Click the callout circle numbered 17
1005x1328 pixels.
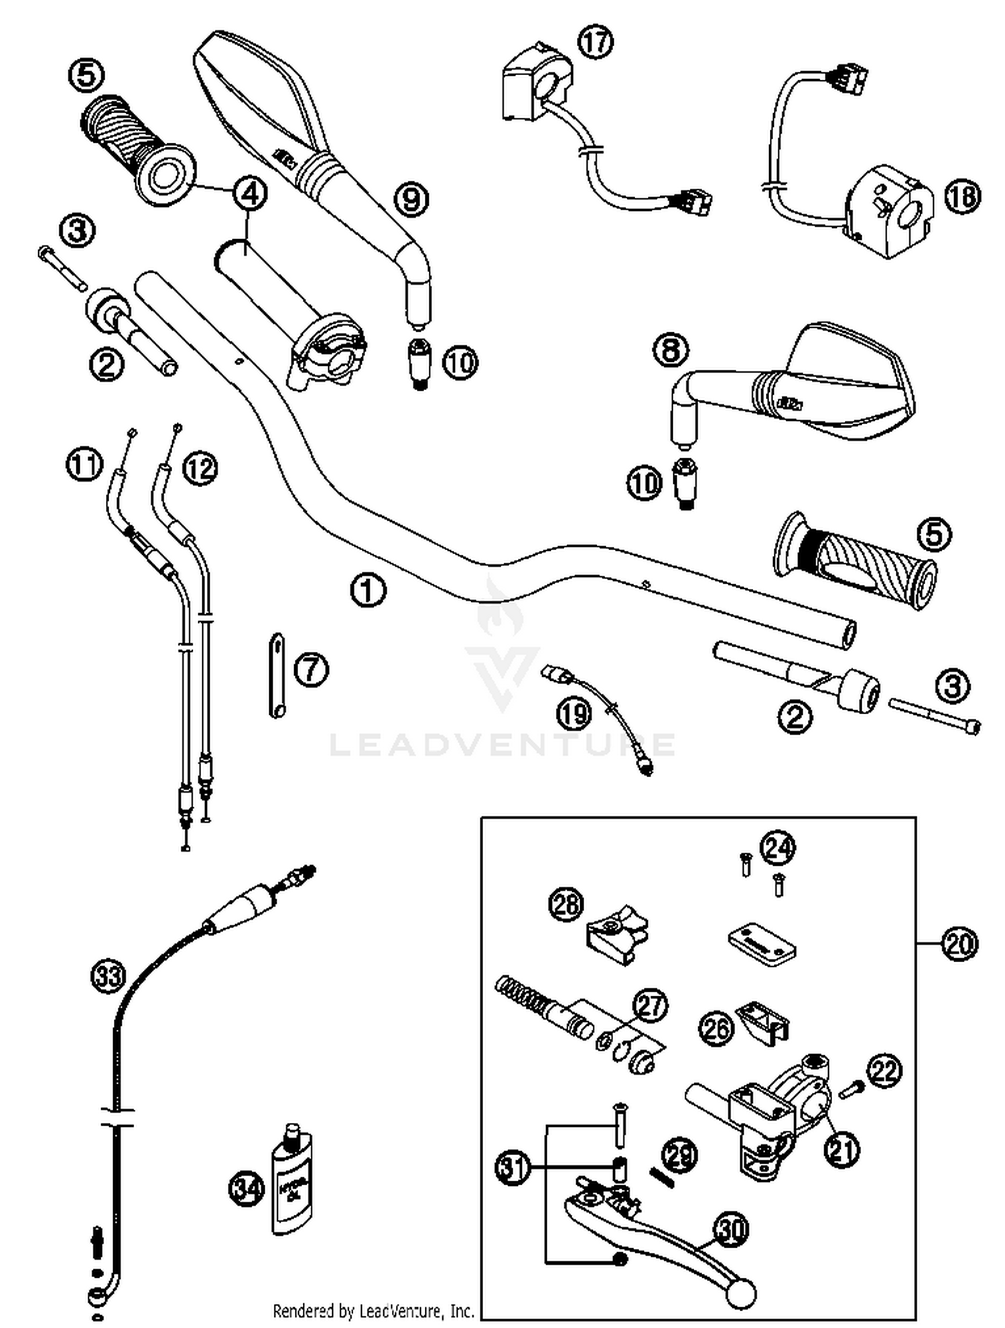tap(595, 42)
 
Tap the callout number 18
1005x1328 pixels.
tap(962, 196)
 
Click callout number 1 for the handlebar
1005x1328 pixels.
tap(368, 590)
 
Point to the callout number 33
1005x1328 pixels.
tap(109, 976)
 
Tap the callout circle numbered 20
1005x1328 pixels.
tap(959, 944)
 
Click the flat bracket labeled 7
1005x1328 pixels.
tap(277, 675)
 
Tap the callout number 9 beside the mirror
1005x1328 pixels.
tap(411, 199)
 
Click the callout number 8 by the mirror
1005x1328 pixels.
tap(671, 350)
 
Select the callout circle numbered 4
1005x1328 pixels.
tap(249, 194)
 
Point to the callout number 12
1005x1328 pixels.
tap(200, 467)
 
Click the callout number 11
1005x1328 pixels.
tap(84, 464)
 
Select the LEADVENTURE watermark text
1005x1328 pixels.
tap(503, 744)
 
